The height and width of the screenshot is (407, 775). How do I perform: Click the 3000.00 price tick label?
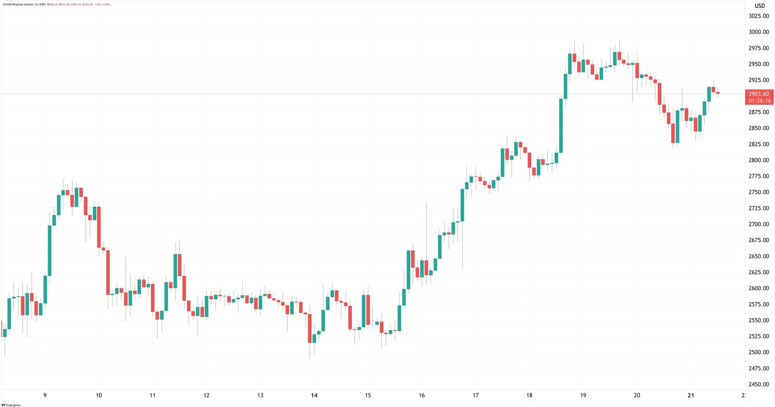coord(758,32)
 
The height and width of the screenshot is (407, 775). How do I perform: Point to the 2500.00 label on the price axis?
coord(758,352)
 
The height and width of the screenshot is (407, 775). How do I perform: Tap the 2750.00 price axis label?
coord(758,192)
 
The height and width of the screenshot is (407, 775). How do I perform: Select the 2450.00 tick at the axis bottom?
coord(758,384)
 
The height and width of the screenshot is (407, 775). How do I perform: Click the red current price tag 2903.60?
coord(758,94)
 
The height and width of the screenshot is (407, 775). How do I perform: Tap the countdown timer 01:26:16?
coord(759,101)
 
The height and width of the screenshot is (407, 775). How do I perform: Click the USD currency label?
coord(760,6)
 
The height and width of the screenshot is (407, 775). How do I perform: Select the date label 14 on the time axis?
coord(314,395)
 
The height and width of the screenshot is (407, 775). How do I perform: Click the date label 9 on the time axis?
coord(45,395)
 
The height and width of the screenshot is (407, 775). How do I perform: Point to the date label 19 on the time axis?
coord(583,395)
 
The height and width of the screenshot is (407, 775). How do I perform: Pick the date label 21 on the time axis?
coord(691,395)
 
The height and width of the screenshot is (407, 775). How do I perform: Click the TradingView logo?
coord(11,405)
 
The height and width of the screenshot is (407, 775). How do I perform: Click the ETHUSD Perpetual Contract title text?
coord(19,4)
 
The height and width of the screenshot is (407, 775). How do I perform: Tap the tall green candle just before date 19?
coord(561,126)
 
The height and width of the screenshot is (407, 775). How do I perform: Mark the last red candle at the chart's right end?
coord(718,93)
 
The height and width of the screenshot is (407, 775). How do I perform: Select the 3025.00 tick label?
coord(758,16)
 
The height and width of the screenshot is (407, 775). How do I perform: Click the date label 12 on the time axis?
coord(206,395)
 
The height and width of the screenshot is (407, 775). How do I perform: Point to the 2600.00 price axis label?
coord(758,288)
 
